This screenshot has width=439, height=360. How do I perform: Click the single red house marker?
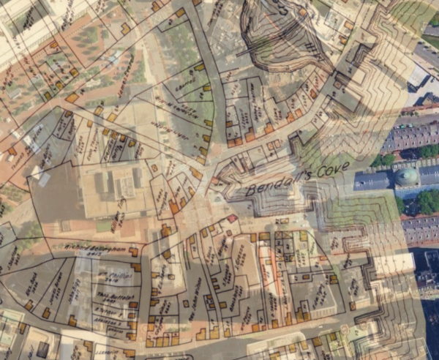click(x=232, y=218)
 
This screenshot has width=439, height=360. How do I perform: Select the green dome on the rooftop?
click(x=407, y=176)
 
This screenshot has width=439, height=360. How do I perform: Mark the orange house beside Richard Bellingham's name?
click(x=133, y=252)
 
